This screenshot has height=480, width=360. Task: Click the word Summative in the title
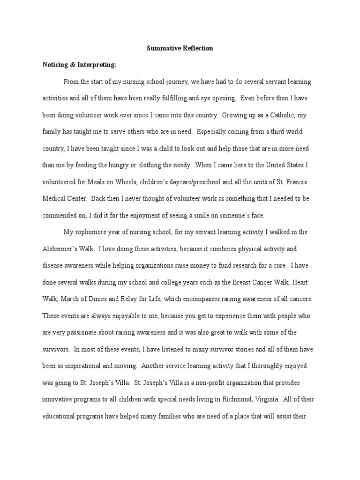(x=161, y=48)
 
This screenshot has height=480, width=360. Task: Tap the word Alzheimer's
(x=60, y=248)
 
